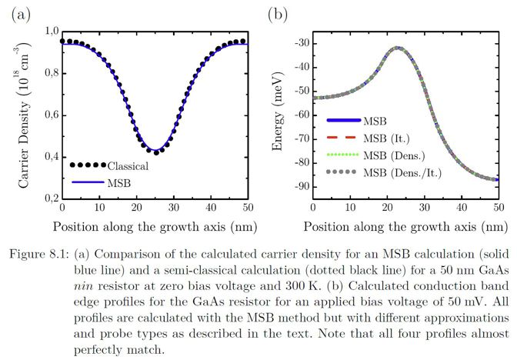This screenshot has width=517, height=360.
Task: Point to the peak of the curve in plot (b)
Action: coord(398,48)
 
